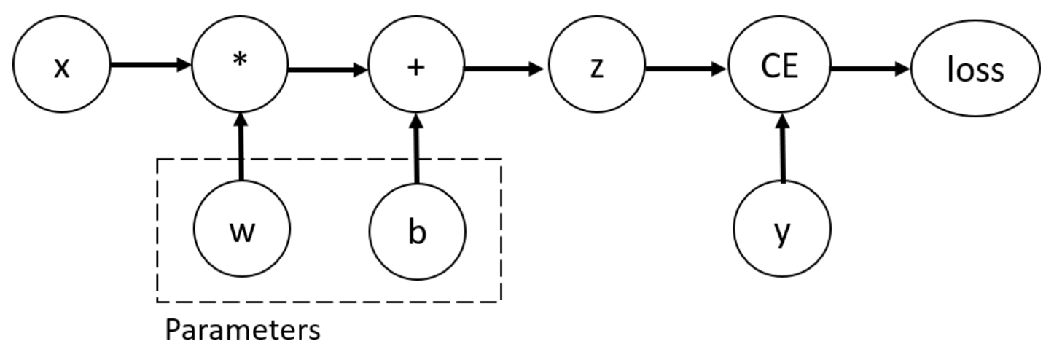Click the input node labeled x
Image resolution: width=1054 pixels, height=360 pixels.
click(62, 64)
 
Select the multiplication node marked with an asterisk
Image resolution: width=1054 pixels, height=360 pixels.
click(240, 64)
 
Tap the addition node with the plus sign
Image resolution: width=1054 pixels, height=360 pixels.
click(416, 64)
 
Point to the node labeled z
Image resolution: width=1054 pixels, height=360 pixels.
click(597, 64)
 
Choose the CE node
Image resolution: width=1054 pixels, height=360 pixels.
click(779, 64)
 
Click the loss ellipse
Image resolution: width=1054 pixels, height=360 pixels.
click(976, 69)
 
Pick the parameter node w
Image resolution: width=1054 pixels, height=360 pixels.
click(242, 229)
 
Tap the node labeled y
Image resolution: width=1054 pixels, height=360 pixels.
click(782, 229)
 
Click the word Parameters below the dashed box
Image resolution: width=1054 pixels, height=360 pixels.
click(243, 330)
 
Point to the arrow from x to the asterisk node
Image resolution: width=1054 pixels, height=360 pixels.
click(151, 64)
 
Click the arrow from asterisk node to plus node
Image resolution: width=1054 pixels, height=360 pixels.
click(328, 70)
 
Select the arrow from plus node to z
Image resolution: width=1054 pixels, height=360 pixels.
click(504, 69)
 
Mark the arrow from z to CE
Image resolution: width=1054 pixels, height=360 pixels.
click(686, 69)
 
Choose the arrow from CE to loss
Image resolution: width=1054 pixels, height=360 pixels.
click(870, 69)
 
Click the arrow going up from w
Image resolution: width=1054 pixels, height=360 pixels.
click(241, 146)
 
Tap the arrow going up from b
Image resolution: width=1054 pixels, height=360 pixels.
click(417, 148)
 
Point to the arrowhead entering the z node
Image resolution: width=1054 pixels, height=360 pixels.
click(536, 69)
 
